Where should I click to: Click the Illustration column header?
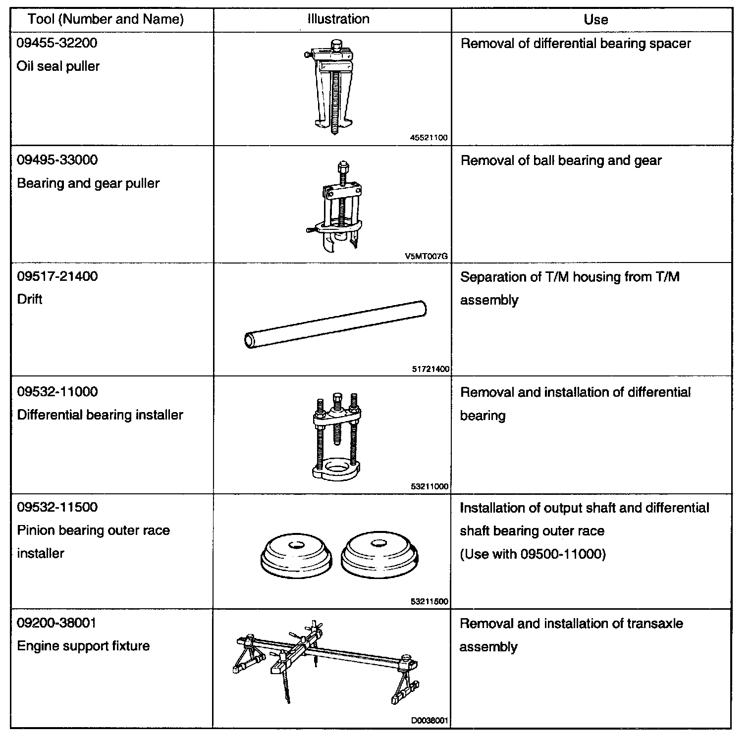pyautogui.click(x=338, y=19)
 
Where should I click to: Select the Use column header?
pyautogui.click(x=595, y=19)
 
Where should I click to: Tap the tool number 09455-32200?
pyautogui.click(x=57, y=43)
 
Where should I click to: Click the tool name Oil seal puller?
pyautogui.click(x=58, y=66)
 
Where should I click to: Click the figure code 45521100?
pyautogui.click(x=429, y=138)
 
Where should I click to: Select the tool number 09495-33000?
pyautogui.click(x=57, y=160)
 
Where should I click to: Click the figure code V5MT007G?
pyautogui.click(x=427, y=256)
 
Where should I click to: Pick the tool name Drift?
pyautogui.click(x=29, y=299)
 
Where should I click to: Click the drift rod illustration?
pyautogui.click(x=335, y=324)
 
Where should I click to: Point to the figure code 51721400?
pyautogui.click(x=430, y=369)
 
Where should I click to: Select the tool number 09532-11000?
pyautogui.click(x=57, y=392)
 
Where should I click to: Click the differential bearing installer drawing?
pyautogui.click(x=336, y=436)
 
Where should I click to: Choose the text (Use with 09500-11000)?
pyautogui.click(x=533, y=554)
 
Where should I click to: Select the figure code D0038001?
pyautogui.click(x=430, y=721)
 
